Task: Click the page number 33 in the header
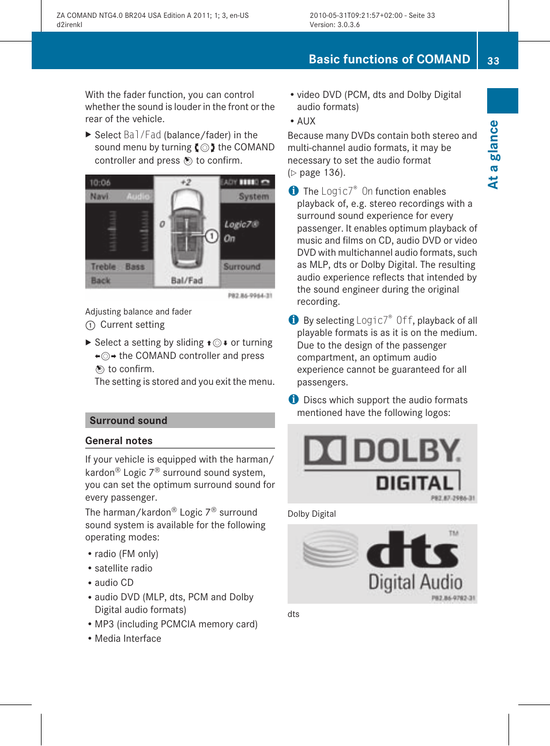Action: point(493,60)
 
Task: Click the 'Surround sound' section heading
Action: point(129,421)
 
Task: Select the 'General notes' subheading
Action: point(119,441)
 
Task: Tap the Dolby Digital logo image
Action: point(382,463)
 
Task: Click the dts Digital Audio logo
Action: point(382,563)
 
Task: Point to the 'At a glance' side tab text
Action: point(494,154)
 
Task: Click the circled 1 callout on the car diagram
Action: point(212,236)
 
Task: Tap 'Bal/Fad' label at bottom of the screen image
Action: point(187,281)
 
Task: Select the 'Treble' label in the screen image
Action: point(104,267)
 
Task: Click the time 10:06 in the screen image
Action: point(100,183)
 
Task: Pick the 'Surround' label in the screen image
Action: point(242,267)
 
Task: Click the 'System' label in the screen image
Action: point(254,196)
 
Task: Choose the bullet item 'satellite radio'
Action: point(123,568)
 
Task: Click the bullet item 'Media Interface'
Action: point(128,638)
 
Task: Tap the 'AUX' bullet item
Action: point(306,121)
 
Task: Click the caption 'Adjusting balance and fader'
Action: point(138,312)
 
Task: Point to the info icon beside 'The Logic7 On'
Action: point(293,191)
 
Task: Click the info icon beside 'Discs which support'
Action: point(293,399)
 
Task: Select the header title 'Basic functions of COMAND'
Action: point(389,59)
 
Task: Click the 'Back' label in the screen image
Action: point(101,281)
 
